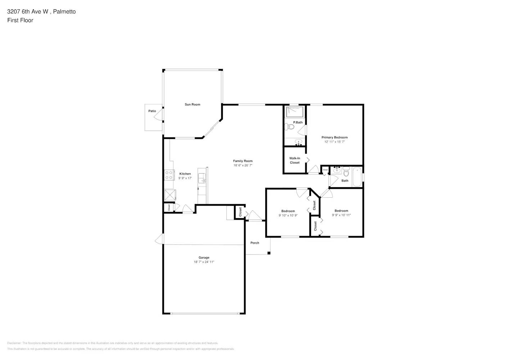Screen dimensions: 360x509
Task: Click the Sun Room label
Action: click(192, 104)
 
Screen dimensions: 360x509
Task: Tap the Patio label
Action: click(152, 111)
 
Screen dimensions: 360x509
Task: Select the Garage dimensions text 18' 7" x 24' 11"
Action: click(204, 262)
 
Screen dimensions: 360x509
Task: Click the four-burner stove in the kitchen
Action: click(169, 175)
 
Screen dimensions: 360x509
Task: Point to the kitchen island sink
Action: click(202, 178)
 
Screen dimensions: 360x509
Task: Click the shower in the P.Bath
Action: click(295, 112)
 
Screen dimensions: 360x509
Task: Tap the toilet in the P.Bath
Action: click(289, 127)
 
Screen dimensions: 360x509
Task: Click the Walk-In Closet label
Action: click(294, 161)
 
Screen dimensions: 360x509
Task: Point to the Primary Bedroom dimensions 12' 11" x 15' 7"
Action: click(334, 142)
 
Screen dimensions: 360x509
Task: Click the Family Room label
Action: click(243, 161)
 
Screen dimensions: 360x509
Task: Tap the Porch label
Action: click(254, 243)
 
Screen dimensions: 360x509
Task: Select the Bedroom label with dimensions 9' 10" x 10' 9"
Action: click(288, 211)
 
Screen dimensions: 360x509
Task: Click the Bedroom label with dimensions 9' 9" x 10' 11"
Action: click(341, 211)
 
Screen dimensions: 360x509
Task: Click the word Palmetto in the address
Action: click(64, 12)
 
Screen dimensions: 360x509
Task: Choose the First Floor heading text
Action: click(20, 20)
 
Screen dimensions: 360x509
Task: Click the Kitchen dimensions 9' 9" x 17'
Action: click(185, 178)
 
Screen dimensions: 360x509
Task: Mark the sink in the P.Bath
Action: click(298, 141)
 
